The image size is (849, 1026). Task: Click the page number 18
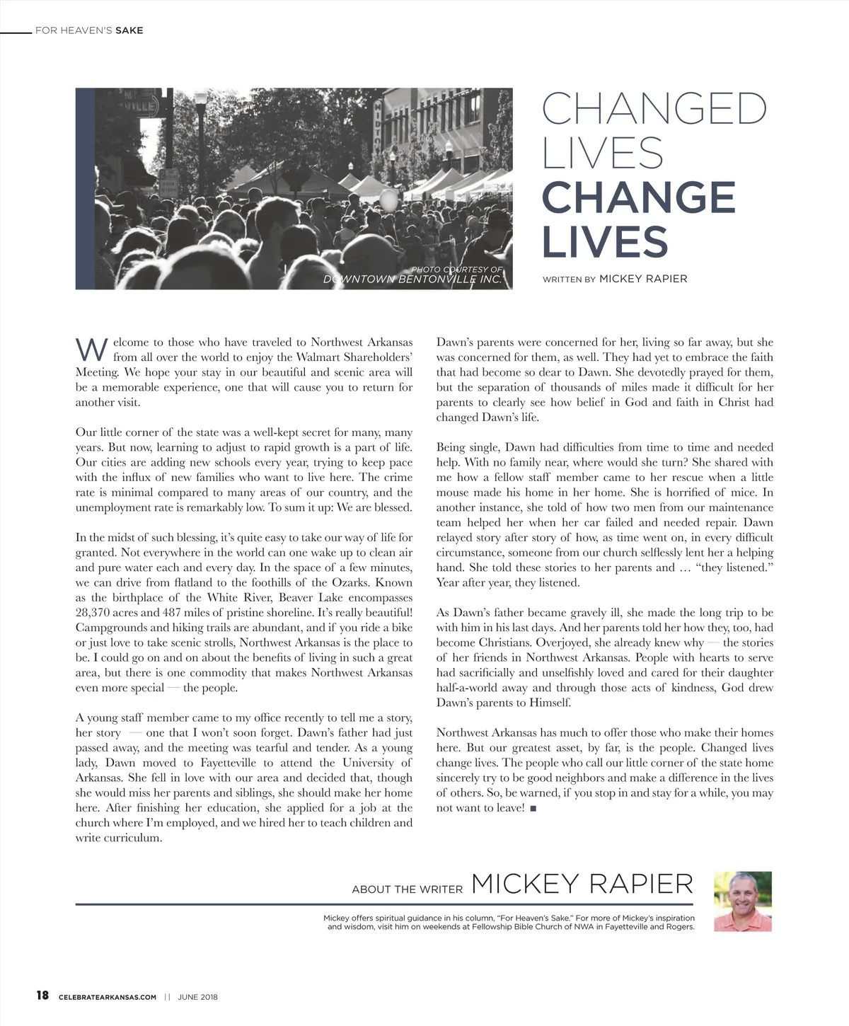(42, 996)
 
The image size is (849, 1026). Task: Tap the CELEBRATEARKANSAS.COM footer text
(108, 997)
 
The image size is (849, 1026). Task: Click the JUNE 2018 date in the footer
(197, 997)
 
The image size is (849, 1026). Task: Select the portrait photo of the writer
(742, 901)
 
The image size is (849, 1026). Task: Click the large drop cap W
(91, 350)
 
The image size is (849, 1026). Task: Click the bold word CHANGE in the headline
(638, 197)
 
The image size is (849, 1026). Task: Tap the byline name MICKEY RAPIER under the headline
(642, 279)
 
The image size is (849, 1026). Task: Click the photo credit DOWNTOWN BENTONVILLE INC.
(412, 279)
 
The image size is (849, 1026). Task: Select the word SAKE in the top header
(129, 30)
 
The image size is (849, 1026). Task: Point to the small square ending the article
(533, 808)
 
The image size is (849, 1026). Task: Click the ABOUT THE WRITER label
(407, 889)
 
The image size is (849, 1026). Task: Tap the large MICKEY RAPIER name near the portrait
(582, 884)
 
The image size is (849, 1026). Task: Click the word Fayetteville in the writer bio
(623, 926)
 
